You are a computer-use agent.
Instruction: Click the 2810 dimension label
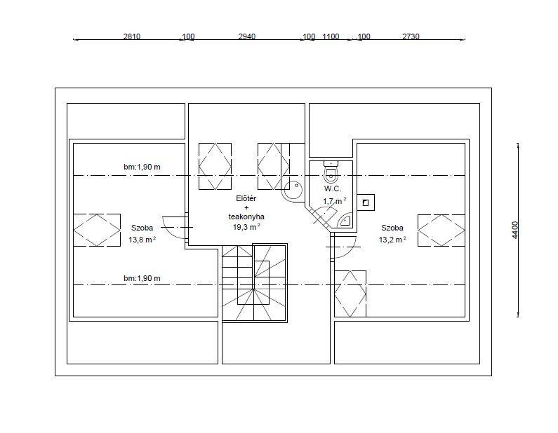coord(132,36)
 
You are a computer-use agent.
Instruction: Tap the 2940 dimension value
coord(246,36)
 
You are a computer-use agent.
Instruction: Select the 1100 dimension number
coord(331,36)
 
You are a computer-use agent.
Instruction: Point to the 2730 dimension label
coord(411,36)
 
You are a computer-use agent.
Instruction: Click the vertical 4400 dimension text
coord(515,230)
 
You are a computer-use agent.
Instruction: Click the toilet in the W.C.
coord(331,171)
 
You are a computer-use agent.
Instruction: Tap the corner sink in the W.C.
coord(345,221)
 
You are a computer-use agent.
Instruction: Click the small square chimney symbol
coord(366,202)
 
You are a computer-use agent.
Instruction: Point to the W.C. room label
coord(333,188)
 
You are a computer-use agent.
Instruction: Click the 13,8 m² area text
coord(142,240)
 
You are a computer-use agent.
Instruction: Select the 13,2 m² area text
coord(392,240)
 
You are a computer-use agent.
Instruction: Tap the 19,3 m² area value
coord(246,227)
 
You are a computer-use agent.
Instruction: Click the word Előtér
coord(246,198)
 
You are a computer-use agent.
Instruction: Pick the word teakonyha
coord(246,216)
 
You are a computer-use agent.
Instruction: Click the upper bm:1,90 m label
coord(142,167)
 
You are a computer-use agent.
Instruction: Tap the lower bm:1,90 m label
coord(142,278)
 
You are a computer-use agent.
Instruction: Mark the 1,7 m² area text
coord(335,201)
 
